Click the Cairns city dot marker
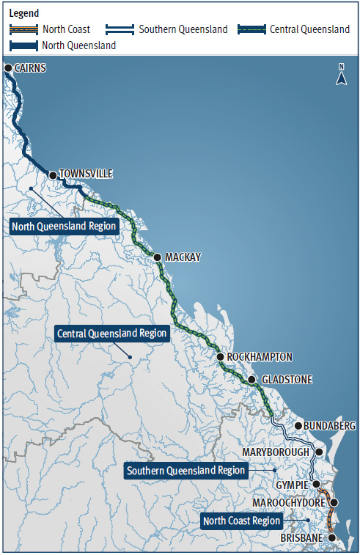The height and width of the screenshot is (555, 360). point(8,68)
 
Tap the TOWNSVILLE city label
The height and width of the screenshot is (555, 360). point(87,174)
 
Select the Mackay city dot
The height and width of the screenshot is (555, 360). point(157,257)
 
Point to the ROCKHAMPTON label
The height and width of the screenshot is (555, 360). point(260,357)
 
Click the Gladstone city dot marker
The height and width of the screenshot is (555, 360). point(251,380)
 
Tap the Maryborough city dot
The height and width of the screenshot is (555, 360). point(319,452)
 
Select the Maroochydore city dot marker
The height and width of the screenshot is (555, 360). point(334,502)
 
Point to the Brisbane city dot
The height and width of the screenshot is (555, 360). point(331,537)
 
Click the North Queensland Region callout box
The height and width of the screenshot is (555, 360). point(65,226)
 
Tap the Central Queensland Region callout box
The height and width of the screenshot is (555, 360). point(112,334)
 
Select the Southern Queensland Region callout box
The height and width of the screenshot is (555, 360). point(185,470)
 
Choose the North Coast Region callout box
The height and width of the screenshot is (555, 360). point(242,521)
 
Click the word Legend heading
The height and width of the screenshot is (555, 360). point(24,13)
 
